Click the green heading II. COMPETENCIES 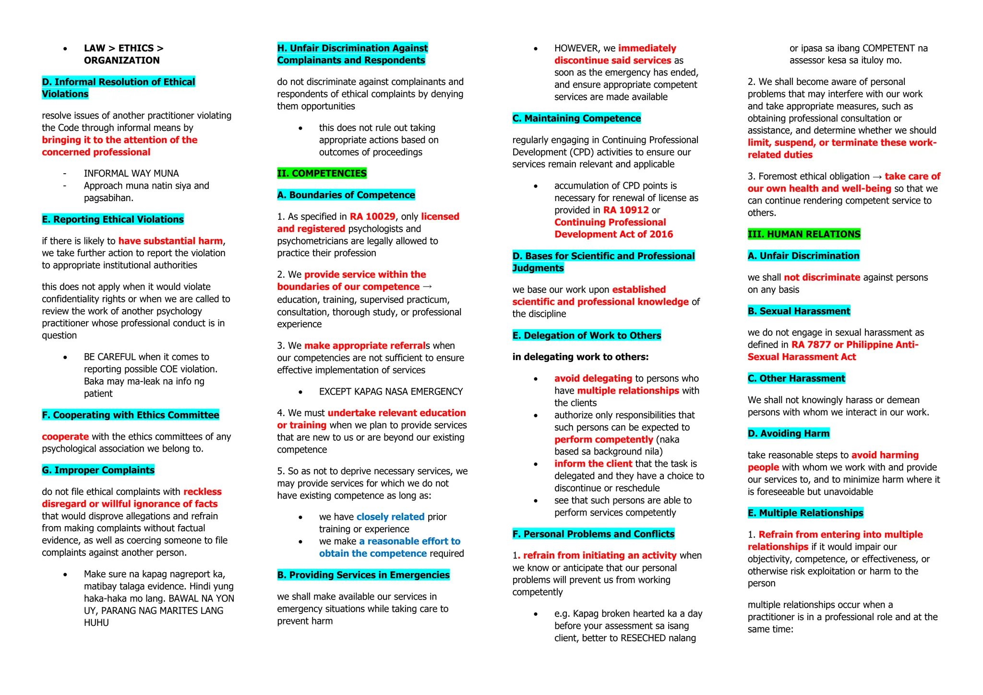322,173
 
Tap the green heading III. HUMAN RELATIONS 804,234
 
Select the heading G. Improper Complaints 98,470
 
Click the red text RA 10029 372,216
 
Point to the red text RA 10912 626,210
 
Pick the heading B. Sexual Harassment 799,311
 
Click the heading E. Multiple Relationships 805,513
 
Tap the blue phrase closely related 390,516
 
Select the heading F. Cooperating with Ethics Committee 131,415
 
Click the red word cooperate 65,436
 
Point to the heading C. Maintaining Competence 576,118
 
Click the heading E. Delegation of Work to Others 587,335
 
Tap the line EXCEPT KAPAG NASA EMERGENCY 391,391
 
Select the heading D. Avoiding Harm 788,433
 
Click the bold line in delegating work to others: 580,357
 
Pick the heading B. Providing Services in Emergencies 363,575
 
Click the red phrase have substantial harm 170,240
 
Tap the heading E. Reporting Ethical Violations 113,219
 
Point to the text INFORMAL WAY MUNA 131,173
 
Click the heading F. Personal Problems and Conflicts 593,534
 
